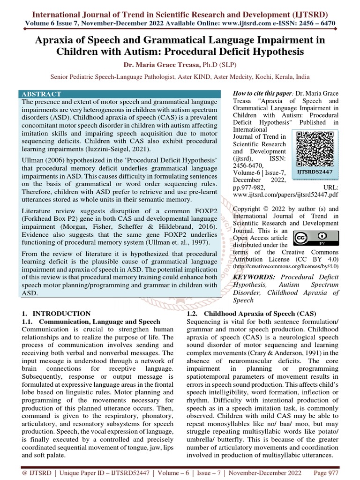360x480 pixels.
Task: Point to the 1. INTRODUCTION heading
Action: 56,314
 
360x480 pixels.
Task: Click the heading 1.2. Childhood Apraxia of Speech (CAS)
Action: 251,314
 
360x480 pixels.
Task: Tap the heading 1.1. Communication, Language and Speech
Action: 91,322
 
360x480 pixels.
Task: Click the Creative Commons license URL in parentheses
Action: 285,266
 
